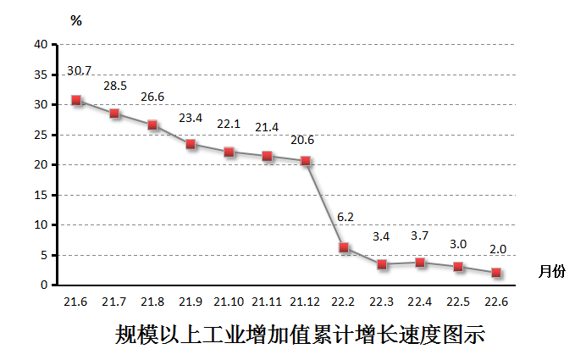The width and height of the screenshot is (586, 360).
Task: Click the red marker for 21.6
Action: (76, 100)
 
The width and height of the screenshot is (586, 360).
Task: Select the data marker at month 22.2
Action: (344, 247)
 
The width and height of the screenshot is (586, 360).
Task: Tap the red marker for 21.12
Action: (306, 161)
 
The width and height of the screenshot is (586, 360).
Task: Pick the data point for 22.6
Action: (496, 273)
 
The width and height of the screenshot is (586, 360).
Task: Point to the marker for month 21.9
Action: (191, 144)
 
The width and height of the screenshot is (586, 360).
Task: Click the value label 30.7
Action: (80, 69)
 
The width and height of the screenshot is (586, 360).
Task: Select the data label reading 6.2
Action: (346, 217)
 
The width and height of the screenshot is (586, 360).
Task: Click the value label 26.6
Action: (152, 97)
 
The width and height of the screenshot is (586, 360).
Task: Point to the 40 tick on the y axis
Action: (41, 44)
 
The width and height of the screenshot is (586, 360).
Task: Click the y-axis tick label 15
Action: (41, 195)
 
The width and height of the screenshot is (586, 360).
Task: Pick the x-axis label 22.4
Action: (420, 302)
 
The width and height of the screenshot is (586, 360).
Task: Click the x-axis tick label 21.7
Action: (114, 302)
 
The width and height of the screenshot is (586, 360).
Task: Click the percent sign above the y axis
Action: (76, 21)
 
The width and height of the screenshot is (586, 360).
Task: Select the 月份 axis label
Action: (551, 270)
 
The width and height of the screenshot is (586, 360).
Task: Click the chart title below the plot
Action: (300, 334)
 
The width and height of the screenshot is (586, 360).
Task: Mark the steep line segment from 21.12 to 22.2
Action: (325, 204)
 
